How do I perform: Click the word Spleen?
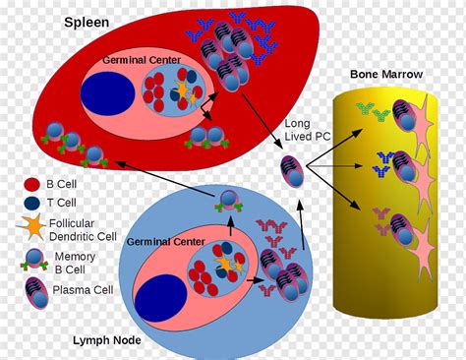[x=87, y=21]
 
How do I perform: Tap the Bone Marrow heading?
[x=387, y=75]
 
